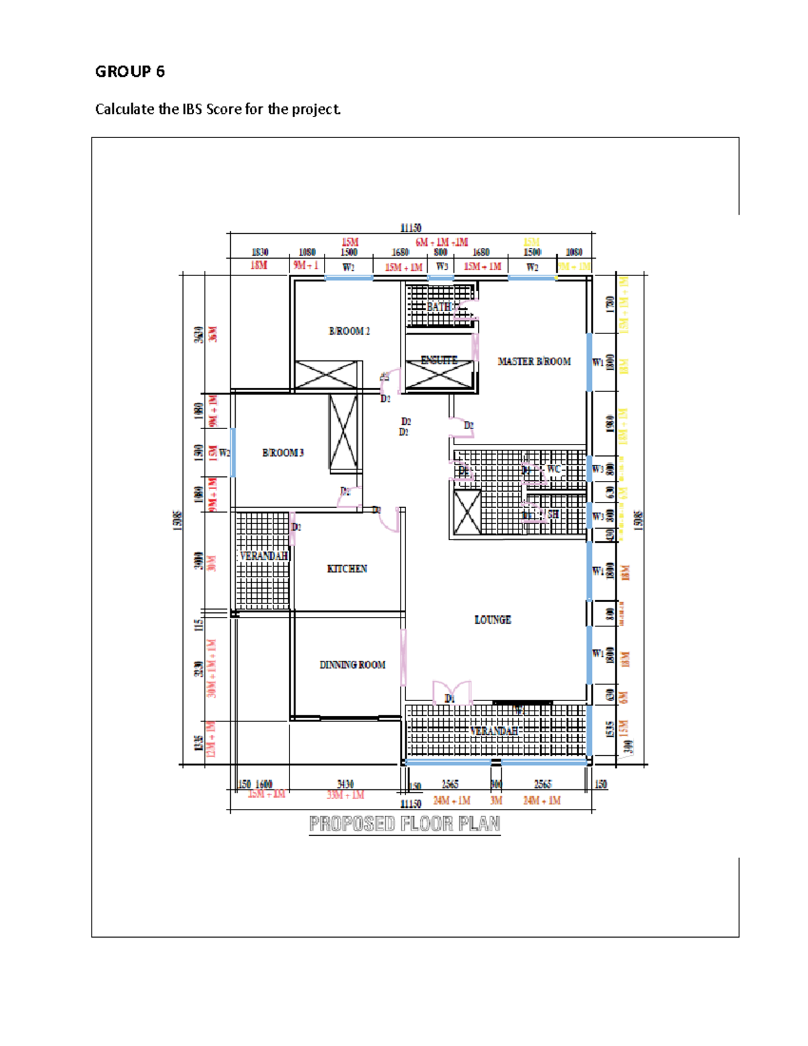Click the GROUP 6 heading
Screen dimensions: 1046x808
tap(130, 71)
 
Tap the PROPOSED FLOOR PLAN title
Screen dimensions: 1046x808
tap(405, 824)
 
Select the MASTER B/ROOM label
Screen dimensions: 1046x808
tap(534, 362)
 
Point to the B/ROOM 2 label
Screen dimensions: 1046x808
tap(349, 331)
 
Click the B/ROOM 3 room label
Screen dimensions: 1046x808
tap(283, 453)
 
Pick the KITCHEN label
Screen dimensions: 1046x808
tap(347, 569)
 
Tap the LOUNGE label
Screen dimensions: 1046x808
tap(492, 620)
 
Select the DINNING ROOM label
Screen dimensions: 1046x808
tap(352, 665)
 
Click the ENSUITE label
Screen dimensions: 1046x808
tap(439, 360)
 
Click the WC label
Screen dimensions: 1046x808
tap(553, 469)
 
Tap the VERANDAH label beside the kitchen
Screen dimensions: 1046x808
tap(264, 556)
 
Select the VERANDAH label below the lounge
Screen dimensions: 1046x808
tap(494, 731)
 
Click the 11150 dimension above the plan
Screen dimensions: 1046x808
tap(411, 228)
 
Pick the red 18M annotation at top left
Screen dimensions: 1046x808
tap(259, 265)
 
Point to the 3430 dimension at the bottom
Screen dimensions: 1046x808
tap(345, 784)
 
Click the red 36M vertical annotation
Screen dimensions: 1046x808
tap(213, 335)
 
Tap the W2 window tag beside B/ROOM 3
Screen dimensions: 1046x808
tap(224, 453)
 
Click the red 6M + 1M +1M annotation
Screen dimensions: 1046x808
tap(442, 242)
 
